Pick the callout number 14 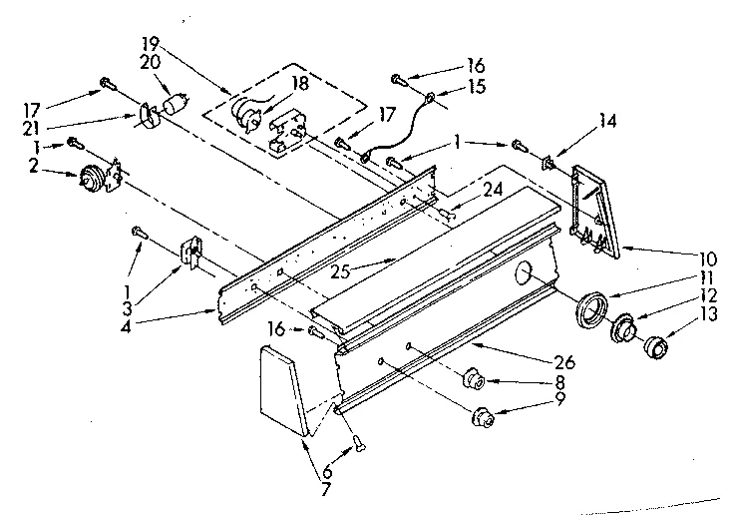[607, 122]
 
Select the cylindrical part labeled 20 [178, 103]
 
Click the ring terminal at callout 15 [429, 98]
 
